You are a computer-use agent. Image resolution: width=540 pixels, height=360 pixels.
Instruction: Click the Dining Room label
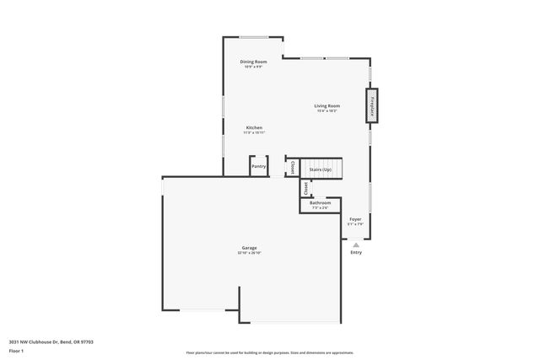click(253, 62)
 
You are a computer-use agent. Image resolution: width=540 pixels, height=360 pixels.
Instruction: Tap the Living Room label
click(328, 105)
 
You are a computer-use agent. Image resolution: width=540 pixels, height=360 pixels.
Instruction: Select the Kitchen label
click(254, 127)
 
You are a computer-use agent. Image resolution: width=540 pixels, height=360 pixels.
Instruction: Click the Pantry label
click(259, 166)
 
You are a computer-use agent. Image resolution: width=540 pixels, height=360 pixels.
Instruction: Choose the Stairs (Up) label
click(321, 169)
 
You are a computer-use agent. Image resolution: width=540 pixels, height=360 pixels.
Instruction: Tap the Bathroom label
click(320, 203)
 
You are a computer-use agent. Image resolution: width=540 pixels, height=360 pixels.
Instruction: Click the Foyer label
click(356, 219)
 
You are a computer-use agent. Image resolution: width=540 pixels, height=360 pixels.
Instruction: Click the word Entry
click(356, 252)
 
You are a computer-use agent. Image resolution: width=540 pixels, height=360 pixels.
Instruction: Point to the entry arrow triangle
click(356, 245)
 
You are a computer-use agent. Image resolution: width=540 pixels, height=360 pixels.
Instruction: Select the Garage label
click(249, 248)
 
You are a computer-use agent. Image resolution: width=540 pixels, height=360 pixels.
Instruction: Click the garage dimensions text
click(249, 253)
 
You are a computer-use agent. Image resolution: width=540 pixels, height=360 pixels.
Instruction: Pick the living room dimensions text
click(328, 110)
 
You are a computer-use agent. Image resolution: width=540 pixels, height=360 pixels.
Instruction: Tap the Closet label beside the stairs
click(293, 168)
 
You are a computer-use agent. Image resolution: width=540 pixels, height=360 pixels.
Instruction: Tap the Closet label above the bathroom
click(305, 188)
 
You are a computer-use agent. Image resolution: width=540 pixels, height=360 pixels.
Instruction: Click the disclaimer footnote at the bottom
click(269, 352)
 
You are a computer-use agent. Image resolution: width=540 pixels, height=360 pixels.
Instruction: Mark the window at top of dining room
click(253, 37)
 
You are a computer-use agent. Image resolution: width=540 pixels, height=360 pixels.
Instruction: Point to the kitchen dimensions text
click(254, 132)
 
